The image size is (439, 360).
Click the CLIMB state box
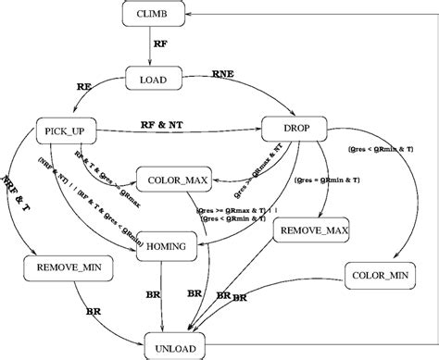click(153, 14)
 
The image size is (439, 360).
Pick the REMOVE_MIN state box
click(56, 268)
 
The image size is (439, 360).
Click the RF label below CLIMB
click(161, 46)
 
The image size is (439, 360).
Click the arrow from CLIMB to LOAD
click(153, 47)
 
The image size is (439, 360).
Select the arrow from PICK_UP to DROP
click(176, 130)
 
